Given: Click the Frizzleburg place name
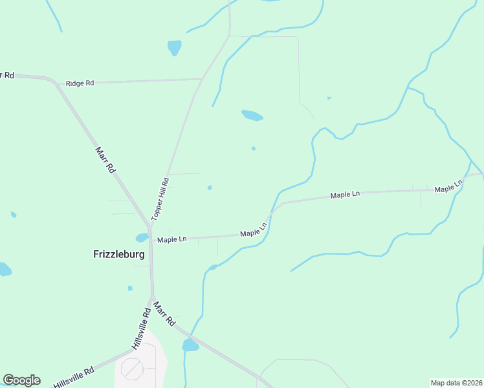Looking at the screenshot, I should click(x=119, y=254).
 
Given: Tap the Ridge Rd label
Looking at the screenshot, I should click(x=80, y=83).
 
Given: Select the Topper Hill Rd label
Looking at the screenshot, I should click(x=160, y=199).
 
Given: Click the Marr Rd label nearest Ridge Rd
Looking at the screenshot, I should click(x=105, y=159).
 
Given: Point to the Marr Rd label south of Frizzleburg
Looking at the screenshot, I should click(x=164, y=312).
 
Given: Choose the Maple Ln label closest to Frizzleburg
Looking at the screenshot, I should click(x=171, y=240).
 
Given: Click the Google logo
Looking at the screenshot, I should click(x=21, y=380).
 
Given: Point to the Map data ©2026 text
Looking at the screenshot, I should click(x=456, y=382).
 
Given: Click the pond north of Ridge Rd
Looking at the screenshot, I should click(x=174, y=47).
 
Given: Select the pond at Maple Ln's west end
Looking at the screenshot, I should click(x=142, y=237).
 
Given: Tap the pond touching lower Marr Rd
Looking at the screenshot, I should click(x=190, y=345).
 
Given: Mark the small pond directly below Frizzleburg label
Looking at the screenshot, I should click(x=130, y=288).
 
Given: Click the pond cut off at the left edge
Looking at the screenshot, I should click(x=5, y=269).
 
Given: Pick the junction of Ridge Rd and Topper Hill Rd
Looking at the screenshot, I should click(x=202, y=79).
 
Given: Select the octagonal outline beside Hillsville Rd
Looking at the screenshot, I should click(x=133, y=369).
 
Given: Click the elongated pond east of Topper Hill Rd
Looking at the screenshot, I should click(x=252, y=116).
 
